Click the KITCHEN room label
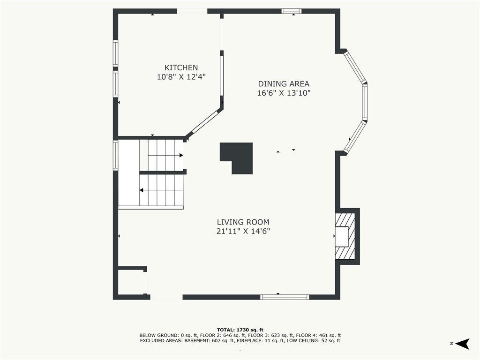181,67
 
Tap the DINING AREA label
284,83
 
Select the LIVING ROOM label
243,222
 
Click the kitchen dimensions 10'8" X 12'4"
181,76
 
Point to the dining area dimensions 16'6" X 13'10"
284,93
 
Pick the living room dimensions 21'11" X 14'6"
243,231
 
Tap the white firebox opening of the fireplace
341,237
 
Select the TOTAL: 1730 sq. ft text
240,330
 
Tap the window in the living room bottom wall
285,297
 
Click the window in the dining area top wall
292,11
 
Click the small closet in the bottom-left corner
130,282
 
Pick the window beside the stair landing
115,155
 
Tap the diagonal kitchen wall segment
204,123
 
